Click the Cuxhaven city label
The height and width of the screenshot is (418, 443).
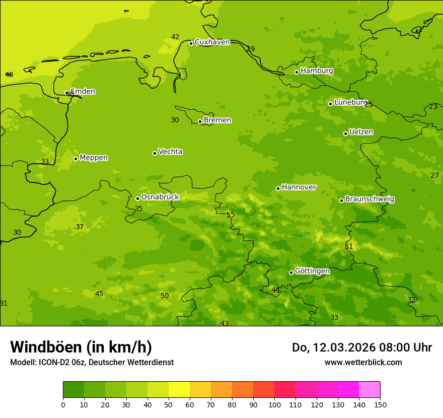pyautogui.click(x=212, y=42)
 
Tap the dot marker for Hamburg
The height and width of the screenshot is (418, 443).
pyautogui.click(x=297, y=72)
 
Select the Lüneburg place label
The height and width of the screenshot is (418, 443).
pyautogui.click(x=350, y=102)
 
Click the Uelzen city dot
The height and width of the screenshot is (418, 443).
pyautogui.click(x=345, y=133)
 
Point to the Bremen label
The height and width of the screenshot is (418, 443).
pyautogui.click(x=217, y=120)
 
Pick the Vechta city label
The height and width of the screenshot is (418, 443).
pyautogui.click(x=170, y=152)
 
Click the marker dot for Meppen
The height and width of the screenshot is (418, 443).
pyautogui.click(x=76, y=159)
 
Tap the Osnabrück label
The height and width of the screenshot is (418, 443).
pyautogui.click(x=160, y=197)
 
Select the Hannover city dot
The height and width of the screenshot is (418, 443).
pyautogui.click(x=278, y=188)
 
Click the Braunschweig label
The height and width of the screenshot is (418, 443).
pyautogui.click(x=370, y=199)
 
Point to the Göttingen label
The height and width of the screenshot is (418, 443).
pyautogui.click(x=312, y=271)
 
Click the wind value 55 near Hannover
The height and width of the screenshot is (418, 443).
pyautogui.click(x=231, y=215)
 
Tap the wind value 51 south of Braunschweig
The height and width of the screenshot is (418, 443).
pyautogui.click(x=349, y=247)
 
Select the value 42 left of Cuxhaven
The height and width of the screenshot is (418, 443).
pyautogui.click(x=175, y=37)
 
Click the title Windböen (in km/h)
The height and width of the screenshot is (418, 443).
pyautogui.click(x=81, y=347)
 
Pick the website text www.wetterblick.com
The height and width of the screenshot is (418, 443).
pyautogui.click(x=363, y=362)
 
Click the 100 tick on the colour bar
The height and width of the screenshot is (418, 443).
pyautogui.click(x=274, y=404)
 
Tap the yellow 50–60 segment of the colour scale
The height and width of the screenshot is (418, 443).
pyautogui.click(x=179, y=389)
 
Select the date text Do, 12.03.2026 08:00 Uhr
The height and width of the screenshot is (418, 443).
pyautogui.click(x=361, y=347)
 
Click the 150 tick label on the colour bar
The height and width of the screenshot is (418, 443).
pyautogui.click(x=380, y=404)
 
